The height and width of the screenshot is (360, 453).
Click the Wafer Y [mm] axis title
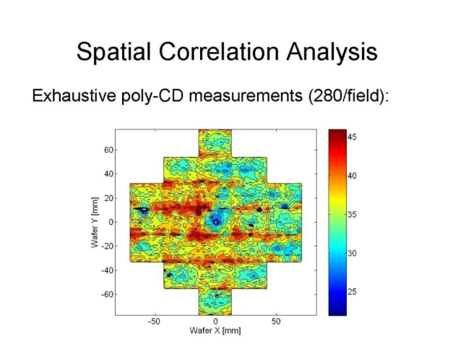(94, 222)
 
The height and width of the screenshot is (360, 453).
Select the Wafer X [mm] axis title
(215, 330)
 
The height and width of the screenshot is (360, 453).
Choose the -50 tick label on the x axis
(154, 321)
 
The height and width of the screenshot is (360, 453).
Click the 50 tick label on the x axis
(277, 321)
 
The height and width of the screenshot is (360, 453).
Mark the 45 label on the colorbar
(353, 136)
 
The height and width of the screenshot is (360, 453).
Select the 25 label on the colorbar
(353, 292)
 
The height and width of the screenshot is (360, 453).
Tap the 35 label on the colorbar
(353, 214)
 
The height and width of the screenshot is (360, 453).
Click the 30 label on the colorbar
(353, 253)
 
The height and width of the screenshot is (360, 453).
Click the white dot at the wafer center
(215, 221)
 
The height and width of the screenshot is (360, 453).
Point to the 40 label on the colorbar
(353, 175)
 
